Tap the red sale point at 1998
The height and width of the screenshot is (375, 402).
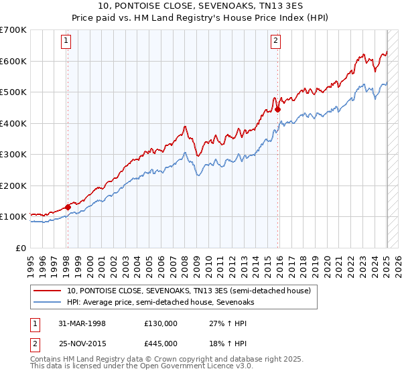coord(68,207)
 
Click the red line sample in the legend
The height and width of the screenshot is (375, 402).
coord(48,291)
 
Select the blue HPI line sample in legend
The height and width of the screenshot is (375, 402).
coord(48,302)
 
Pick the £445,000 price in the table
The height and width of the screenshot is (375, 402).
coord(161,343)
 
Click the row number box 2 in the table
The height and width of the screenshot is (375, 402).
coord(34,343)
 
